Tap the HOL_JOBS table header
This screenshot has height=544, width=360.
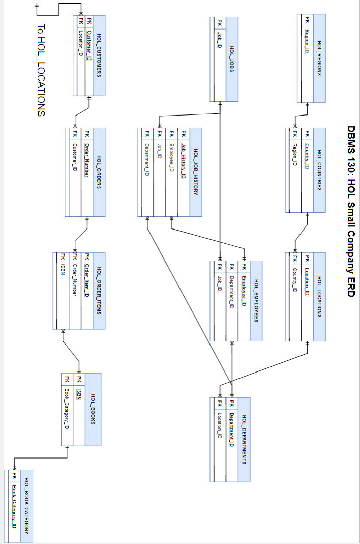click(x=232, y=59)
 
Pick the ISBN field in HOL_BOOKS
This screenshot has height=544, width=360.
click(x=79, y=394)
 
